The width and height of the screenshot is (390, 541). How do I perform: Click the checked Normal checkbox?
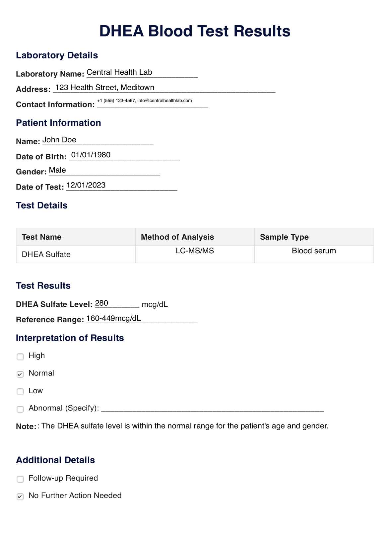pyautogui.click(x=20, y=374)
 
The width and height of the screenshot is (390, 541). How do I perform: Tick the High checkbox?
pyautogui.click(x=20, y=357)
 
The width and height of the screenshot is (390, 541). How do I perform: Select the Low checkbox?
pyautogui.click(x=20, y=392)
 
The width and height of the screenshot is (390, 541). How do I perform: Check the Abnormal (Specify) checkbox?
pyautogui.click(x=20, y=409)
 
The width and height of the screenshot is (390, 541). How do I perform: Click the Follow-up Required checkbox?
pyautogui.click(x=20, y=479)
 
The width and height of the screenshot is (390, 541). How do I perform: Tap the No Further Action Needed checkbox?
pyautogui.click(x=20, y=497)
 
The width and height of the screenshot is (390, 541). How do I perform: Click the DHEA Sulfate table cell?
pyautogui.click(x=46, y=255)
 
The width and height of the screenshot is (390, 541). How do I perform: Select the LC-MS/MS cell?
pyautogui.click(x=195, y=251)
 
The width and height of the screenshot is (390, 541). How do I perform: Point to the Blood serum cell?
pyautogui.click(x=314, y=251)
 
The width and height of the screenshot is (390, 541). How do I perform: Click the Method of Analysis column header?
pyautogui.click(x=177, y=237)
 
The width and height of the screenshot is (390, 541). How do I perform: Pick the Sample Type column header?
pyautogui.click(x=284, y=237)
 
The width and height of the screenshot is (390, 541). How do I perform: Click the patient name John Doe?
pyautogui.click(x=59, y=140)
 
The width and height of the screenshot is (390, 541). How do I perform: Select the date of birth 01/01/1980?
pyautogui.click(x=91, y=155)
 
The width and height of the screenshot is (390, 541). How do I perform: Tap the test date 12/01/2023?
pyautogui.click(x=86, y=185)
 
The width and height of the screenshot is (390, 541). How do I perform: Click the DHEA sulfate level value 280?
pyautogui.click(x=101, y=303)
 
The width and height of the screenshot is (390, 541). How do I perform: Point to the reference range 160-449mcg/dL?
pyautogui.click(x=113, y=319)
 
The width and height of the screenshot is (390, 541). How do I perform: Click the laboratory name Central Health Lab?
pyautogui.click(x=119, y=72)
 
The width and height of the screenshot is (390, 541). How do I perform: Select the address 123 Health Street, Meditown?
pyautogui.click(x=105, y=88)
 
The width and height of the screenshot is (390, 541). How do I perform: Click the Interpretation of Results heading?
pyautogui.click(x=70, y=338)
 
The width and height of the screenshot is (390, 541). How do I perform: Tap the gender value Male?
pyautogui.click(x=57, y=170)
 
